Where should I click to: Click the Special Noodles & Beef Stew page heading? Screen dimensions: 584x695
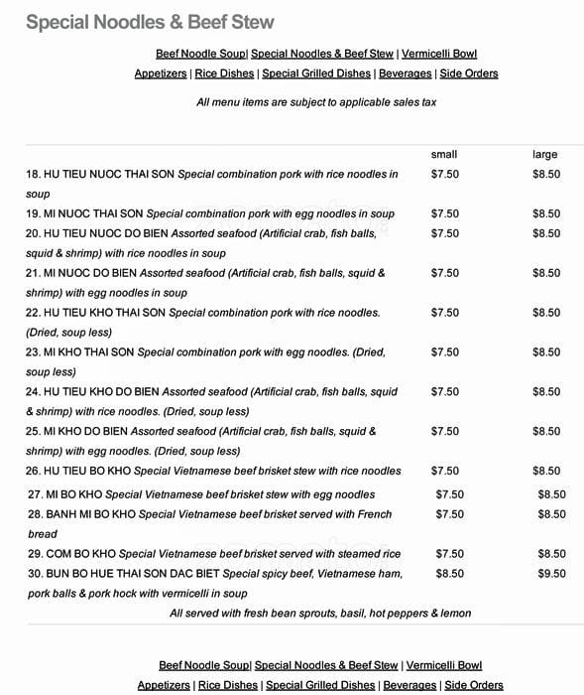point(150,21)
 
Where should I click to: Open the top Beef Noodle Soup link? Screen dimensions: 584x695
point(201,54)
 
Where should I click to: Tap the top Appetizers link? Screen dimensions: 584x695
point(162,73)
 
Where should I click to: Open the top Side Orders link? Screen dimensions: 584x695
point(469,73)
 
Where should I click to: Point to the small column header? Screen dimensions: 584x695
point(443,155)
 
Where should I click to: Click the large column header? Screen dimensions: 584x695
point(545,155)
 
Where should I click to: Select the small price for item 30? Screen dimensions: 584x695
point(449,574)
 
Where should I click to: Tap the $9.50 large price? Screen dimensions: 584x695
point(551,574)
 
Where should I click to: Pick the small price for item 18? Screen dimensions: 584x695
point(444,174)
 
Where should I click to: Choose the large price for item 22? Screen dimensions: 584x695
point(546,313)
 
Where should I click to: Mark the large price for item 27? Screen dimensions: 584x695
point(551,494)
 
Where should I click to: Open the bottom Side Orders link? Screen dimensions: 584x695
point(474,685)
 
